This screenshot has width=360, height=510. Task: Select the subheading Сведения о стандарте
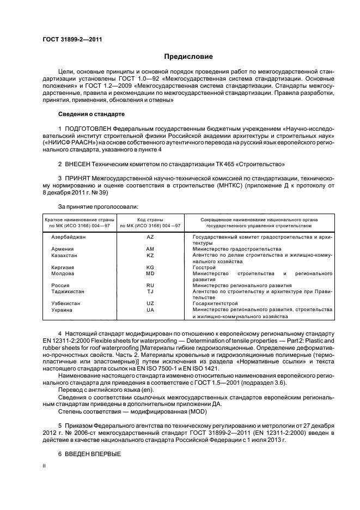click(x=91, y=114)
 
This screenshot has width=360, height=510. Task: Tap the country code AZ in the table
click(x=150, y=237)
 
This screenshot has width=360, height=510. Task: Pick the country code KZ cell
click(x=150, y=255)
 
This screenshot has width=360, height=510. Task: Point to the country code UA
click(x=150, y=309)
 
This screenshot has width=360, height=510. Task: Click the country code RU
click(x=150, y=285)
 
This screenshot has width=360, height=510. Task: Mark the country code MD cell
click(x=150, y=273)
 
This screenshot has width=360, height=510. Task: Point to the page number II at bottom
click(x=45, y=466)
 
